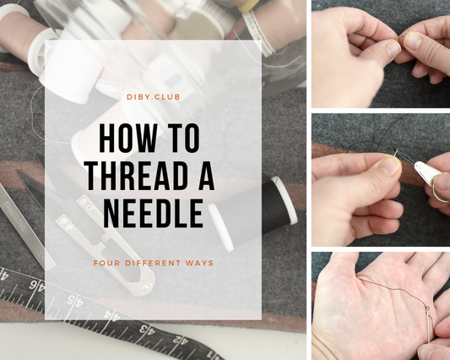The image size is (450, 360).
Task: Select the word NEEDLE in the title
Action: coord(153,213)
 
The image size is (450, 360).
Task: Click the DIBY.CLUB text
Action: coord(154,97)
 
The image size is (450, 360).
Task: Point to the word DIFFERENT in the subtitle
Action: coord(154,263)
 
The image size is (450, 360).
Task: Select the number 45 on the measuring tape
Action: coord(75,301)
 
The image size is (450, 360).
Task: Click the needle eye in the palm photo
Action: coord(428,308)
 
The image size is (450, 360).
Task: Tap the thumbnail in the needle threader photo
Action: coord(388,166)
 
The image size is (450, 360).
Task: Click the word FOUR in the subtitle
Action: coord(106,263)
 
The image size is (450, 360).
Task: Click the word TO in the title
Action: coord(184,138)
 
